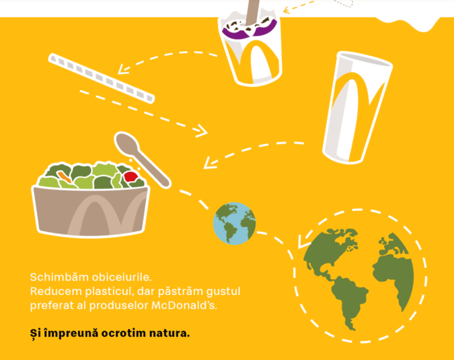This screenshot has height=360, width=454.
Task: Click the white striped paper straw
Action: (x=102, y=78)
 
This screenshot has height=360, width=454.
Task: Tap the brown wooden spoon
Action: (x=142, y=159)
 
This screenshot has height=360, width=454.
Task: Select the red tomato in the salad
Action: (x=131, y=177)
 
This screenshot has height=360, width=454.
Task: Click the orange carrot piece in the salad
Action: (x=64, y=177)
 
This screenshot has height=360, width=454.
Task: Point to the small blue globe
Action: (x=234, y=223)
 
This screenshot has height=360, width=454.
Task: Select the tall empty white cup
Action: (x=358, y=107)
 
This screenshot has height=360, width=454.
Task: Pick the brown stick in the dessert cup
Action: (x=253, y=11)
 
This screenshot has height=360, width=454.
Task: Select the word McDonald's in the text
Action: (x=184, y=305)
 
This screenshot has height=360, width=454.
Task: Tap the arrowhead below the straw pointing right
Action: (x=202, y=131)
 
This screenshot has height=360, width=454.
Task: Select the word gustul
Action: (x=223, y=292)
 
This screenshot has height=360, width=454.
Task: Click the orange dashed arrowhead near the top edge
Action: (x=287, y=10)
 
